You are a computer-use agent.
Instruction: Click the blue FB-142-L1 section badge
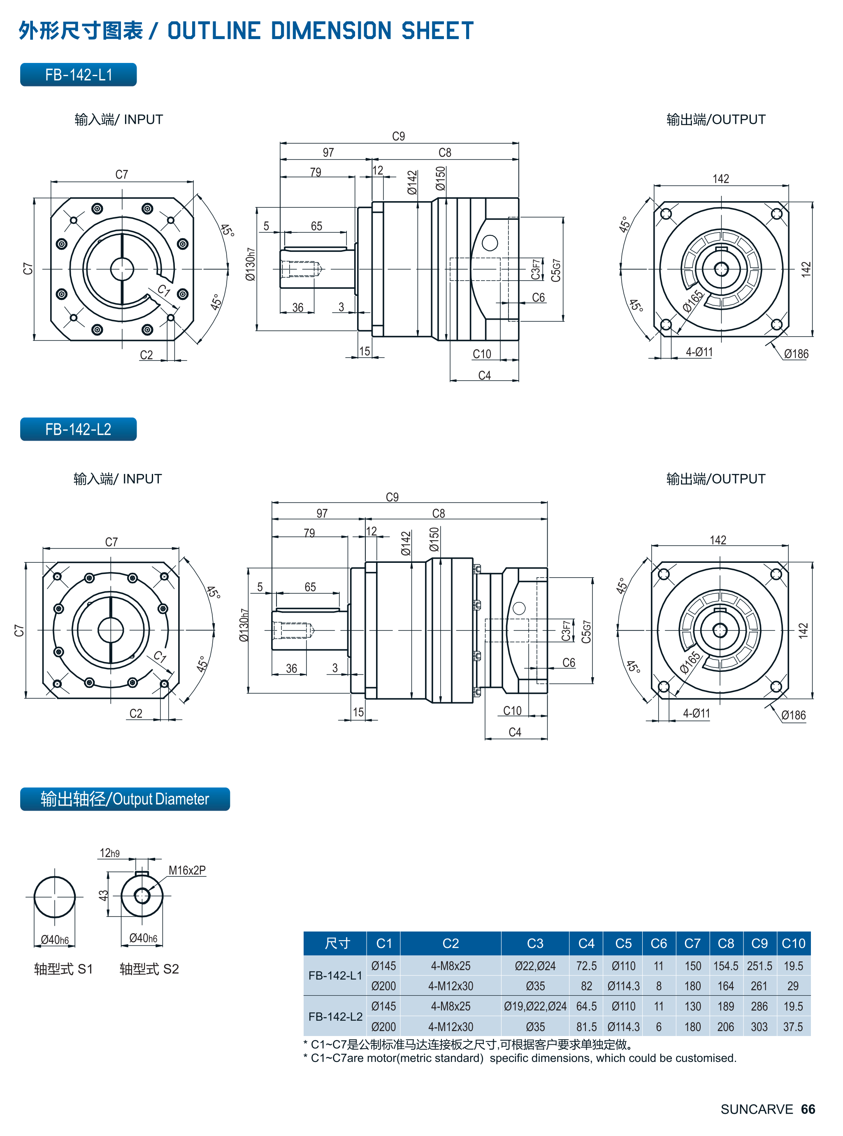click(x=78, y=74)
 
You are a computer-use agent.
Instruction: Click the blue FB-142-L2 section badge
click(x=78, y=429)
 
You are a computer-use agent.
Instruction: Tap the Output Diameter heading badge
click(x=125, y=799)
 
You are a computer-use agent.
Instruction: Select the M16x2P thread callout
click(x=187, y=870)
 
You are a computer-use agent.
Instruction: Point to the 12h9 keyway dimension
click(x=109, y=853)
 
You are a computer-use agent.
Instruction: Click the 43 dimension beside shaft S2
click(x=104, y=895)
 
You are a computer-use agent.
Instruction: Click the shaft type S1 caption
click(x=63, y=969)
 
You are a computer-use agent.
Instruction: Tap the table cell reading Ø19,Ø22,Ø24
click(x=535, y=1006)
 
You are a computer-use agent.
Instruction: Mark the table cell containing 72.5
click(x=586, y=966)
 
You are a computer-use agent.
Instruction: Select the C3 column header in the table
click(x=535, y=943)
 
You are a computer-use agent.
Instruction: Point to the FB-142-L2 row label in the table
click(x=335, y=1016)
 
